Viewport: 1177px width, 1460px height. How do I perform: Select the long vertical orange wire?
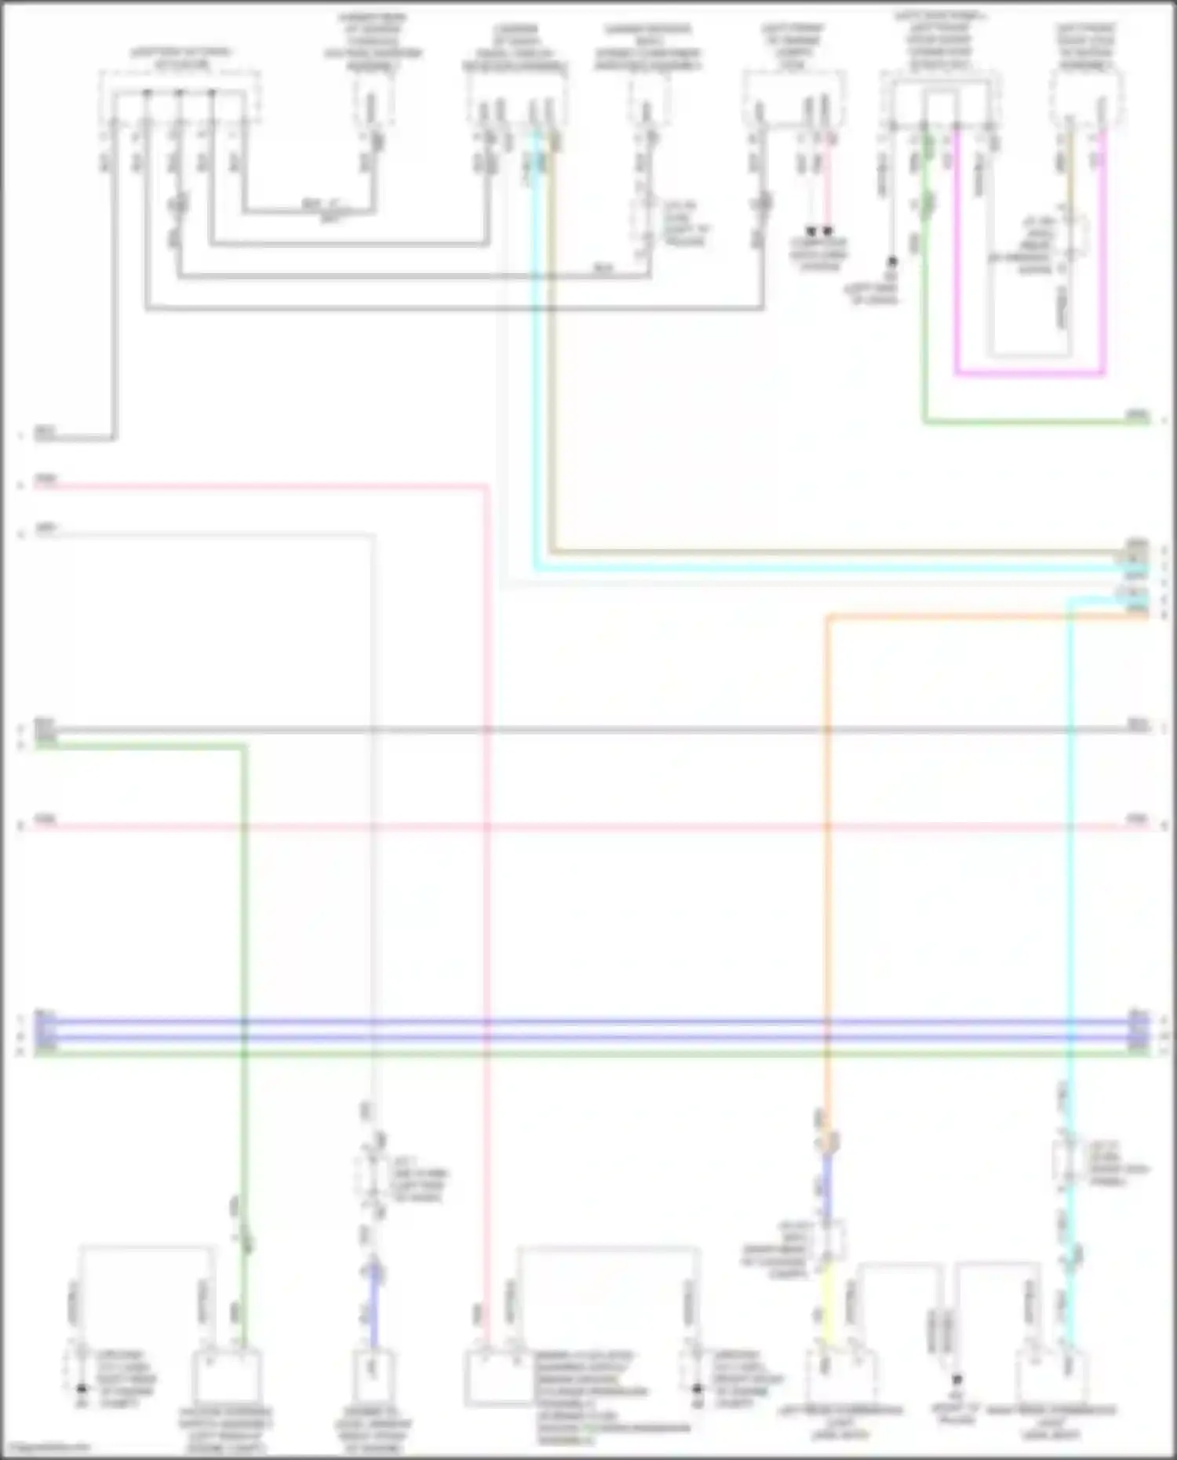click(x=827, y=863)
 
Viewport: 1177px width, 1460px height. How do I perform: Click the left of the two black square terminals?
click(x=811, y=231)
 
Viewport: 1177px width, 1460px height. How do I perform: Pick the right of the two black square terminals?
click(x=827, y=231)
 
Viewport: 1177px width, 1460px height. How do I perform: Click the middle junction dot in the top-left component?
click(x=179, y=93)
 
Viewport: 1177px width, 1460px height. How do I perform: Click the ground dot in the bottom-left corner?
click(x=82, y=1389)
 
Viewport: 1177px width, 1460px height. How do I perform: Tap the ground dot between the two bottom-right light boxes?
click(x=957, y=1378)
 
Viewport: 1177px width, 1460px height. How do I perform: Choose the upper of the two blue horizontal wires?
click(x=588, y=1022)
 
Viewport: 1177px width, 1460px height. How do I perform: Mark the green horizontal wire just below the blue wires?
click(x=588, y=1051)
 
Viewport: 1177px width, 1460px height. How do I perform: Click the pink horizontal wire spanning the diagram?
click(x=588, y=826)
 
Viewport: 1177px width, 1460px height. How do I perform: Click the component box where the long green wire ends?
click(x=227, y=1377)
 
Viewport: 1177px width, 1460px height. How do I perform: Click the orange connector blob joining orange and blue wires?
click(x=828, y=1141)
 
